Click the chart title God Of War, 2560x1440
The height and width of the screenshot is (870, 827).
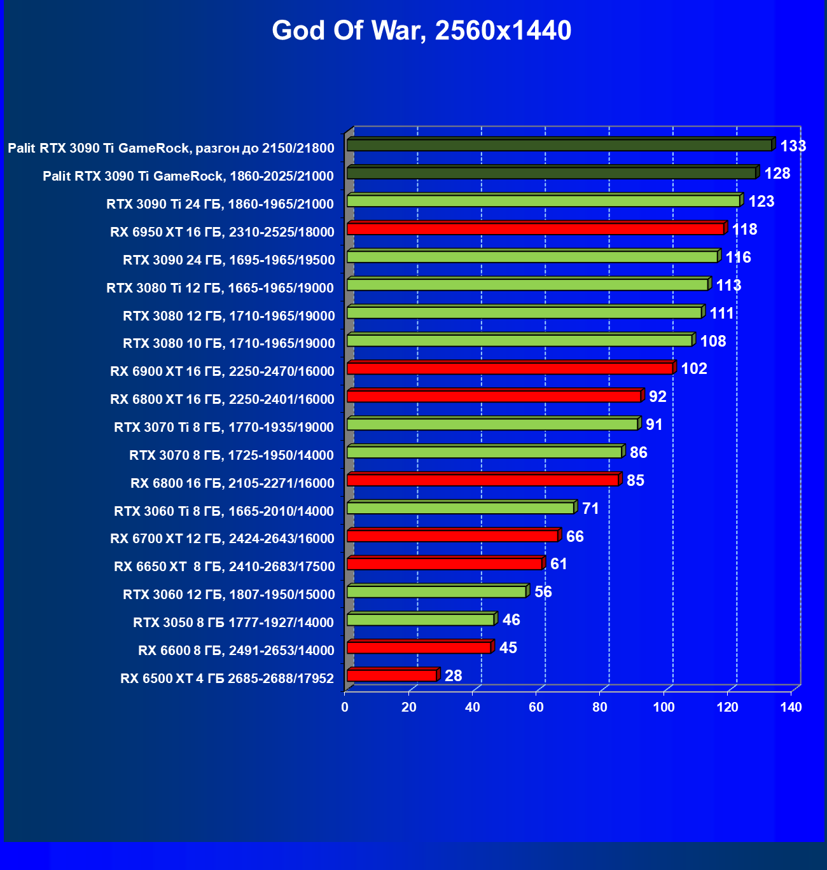point(421,31)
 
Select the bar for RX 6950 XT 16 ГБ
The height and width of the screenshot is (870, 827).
point(535,229)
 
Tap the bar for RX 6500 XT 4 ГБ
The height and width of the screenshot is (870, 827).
point(392,675)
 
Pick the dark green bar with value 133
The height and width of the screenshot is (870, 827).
point(559,146)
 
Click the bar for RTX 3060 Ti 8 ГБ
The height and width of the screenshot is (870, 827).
point(461,508)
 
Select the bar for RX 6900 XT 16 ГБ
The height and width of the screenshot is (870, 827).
point(510,369)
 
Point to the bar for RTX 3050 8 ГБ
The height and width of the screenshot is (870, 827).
point(420,620)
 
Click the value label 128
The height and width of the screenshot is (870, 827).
point(777,174)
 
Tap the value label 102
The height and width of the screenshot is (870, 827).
point(694,369)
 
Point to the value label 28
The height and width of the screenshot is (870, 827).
point(453,675)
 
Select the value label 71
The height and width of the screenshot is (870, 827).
point(590,509)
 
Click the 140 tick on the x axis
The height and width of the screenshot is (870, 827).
point(791,707)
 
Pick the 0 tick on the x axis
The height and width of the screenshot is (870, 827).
point(345,707)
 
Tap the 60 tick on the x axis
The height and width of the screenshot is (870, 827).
point(536,707)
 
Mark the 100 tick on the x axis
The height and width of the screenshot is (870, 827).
point(664,707)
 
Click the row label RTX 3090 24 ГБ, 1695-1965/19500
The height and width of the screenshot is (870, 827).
point(228,260)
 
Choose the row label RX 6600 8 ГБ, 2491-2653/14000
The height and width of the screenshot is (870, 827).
point(236,651)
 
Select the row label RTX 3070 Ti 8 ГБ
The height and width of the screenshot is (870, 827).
point(224,427)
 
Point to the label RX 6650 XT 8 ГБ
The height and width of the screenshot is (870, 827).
point(224,567)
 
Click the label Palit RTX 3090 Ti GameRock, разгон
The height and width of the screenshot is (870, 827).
point(170,149)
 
